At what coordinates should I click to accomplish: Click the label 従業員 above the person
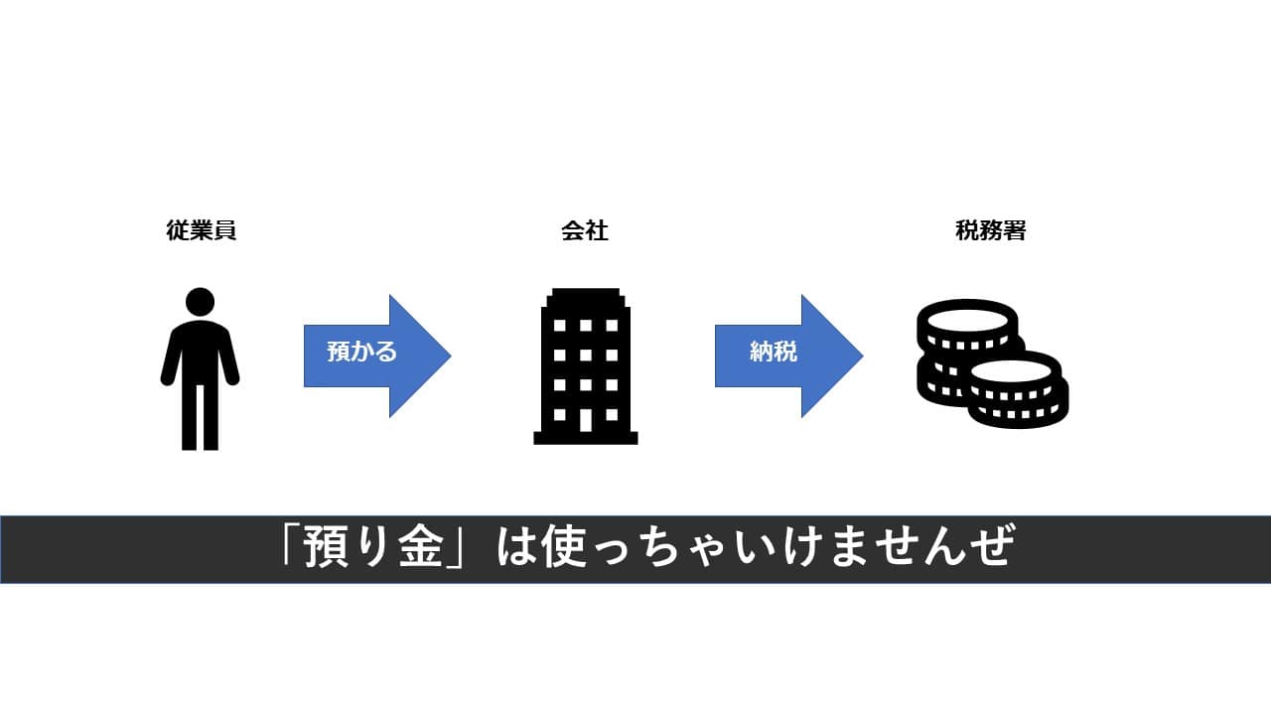tap(202, 231)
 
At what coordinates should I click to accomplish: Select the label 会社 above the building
tap(585, 231)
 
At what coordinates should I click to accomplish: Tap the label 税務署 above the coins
tap(990, 231)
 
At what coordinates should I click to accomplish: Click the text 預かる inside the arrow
tap(361, 352)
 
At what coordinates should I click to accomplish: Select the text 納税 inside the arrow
tap(773, 352)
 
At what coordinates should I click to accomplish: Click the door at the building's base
tap(586, 421)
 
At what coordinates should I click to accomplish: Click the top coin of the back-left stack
tap(966, 319)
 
